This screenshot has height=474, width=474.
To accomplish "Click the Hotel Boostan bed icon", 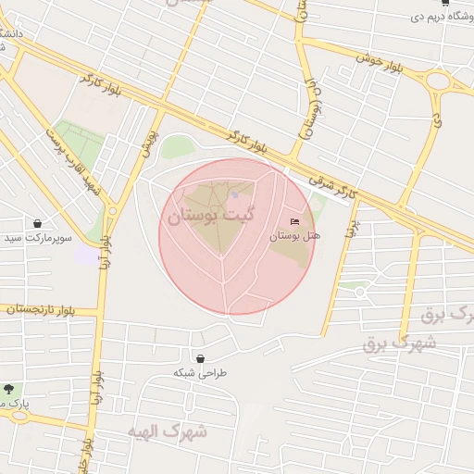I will point(295,221).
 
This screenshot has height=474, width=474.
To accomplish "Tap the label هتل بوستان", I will point(294,236).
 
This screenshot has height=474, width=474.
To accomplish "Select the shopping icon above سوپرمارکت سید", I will point(37,223).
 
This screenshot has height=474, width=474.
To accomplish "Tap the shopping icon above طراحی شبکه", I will point(200,358).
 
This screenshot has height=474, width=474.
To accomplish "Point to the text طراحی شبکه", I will point(199,373).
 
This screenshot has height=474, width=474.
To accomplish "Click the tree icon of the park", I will point(9,389).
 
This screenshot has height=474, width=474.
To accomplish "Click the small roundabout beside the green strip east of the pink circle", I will point(359,293).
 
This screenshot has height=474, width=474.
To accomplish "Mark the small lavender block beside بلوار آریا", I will point(85,254).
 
